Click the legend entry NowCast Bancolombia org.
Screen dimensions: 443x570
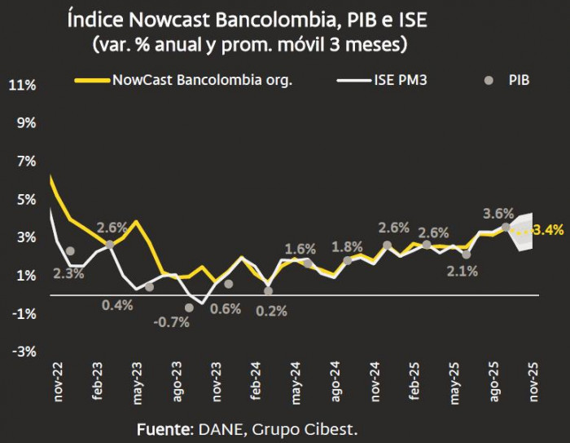[202, 81]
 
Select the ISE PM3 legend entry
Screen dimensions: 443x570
[405, 81]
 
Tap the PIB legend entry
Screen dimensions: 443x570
[519, 81]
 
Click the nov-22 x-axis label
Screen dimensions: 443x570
[58, 379]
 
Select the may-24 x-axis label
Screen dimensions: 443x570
[296, 379]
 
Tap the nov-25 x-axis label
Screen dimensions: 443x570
[534, 379]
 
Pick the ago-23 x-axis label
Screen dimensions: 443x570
[177, 379]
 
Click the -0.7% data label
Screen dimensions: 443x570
[171, 321]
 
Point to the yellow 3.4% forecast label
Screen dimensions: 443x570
[547, 231]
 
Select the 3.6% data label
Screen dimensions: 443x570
[498, 214]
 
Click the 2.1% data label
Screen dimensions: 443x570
[462, 271]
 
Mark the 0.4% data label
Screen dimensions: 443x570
[117, 304]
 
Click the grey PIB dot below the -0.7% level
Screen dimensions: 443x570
[189, 308]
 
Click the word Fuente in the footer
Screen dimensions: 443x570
[162, 429]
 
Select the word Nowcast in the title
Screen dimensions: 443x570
[166, 20]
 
